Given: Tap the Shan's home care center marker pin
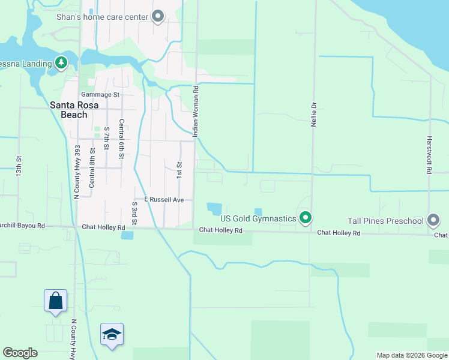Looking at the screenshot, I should pos(158,16).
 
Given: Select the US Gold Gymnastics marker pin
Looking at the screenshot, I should pos(306,218).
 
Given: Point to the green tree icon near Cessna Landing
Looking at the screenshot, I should pos(61,62).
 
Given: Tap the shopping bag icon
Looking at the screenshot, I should pos(55,300).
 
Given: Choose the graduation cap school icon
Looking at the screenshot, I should pos(112,334).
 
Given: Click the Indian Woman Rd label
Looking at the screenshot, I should pos(196,111).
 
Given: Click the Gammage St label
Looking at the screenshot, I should pos(100,95).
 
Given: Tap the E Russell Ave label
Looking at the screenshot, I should pos(164,199).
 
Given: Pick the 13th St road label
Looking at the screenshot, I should pos(19,166).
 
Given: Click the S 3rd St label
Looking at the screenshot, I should pos(134,214).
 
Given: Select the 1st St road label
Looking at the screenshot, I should pos(179,169).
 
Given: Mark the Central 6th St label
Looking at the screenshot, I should pos(121,139).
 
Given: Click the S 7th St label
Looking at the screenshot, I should pos(106,139).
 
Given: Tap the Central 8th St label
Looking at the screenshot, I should pos(92,169).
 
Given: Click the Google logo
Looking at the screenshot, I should pos(20,353).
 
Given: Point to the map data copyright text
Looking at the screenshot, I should pos(411,355).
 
